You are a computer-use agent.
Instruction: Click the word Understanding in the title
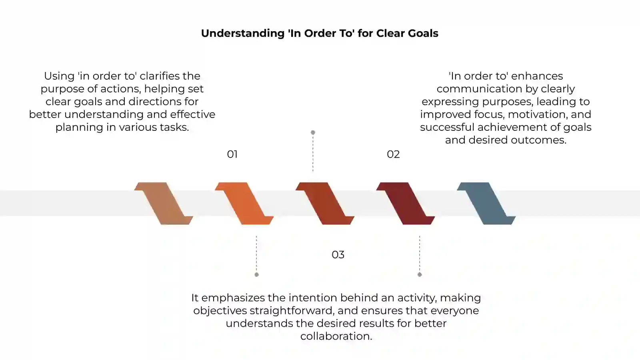coord(243,34)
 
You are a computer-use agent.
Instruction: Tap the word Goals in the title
coord(423,33)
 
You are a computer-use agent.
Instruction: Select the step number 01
coord(232,154)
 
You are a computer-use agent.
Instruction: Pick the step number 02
coord(393,154)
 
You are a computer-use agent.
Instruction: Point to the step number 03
coord(338,254)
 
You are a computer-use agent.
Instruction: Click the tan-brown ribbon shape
coord(164,204)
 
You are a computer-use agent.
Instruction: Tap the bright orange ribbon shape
coord(244,204)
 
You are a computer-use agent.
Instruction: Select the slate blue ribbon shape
coord(486,204)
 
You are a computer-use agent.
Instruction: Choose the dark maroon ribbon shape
coord(406,204)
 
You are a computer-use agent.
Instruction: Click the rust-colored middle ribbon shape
coord(325,204)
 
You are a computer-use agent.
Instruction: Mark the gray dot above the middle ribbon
coord(313,132)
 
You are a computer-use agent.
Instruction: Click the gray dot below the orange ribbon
coord(256,274)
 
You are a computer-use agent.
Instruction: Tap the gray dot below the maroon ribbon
coord(420,274)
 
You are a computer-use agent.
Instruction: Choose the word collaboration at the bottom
coord(336,336)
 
